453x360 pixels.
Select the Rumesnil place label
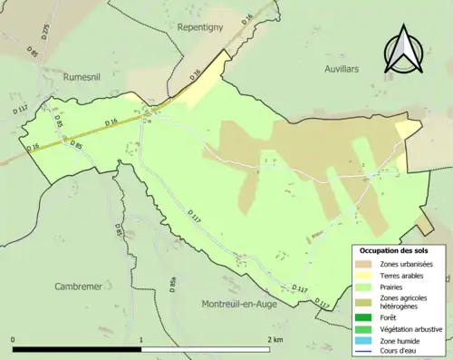click(87, 77)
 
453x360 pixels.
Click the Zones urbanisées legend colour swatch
click(364, 263)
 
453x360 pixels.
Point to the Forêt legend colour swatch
click(364, 316)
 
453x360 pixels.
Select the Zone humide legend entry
click(400, 340)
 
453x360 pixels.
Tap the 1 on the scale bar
click(141, 339)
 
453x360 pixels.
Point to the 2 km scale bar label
click(274, 339)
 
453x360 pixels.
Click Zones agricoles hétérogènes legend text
click(403, 302)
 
